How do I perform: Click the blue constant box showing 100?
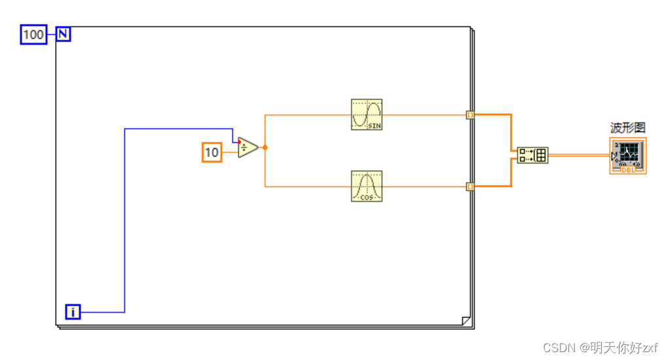pyautogui.click(x=33, y=35)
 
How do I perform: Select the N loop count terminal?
pyautogui.click(x=63, y=34)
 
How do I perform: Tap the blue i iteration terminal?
pyautogui.click(x=73, y=312)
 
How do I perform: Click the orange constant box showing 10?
pyautogui.click(x=212, y=152)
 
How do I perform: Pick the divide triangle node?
pyautogui.click(x=248, y=147)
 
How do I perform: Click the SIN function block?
pyautogui.click(x=367, y=115)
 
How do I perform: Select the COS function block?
pyautogui.click(x=367, y=186)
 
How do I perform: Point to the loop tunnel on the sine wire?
pyautogui.click(x=470, y=115)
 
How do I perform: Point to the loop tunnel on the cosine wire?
pyautogui.click(x=470, y=187)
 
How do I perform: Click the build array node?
pyautogui.click(x=532, y=155)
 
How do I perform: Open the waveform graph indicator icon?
pyautogui.click(x=628, y=156)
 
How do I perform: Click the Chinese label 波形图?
pyautogui.click(x=627, y=128)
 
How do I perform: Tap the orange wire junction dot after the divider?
pyautogui.click(x=265, y=147)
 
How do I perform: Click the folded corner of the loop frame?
pyautogui.click(x=466, y=321)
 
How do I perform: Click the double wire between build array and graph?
pyautogui.click(x=579, y=155)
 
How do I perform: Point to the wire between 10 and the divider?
pyautogui.click(x=230, y=152)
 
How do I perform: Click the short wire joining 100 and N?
pyautogui.click(x=52, y=34)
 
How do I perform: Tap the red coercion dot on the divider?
pyautogui.click(x=240, y=142)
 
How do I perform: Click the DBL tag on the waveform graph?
pyautogui.click(x=629, y=170)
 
